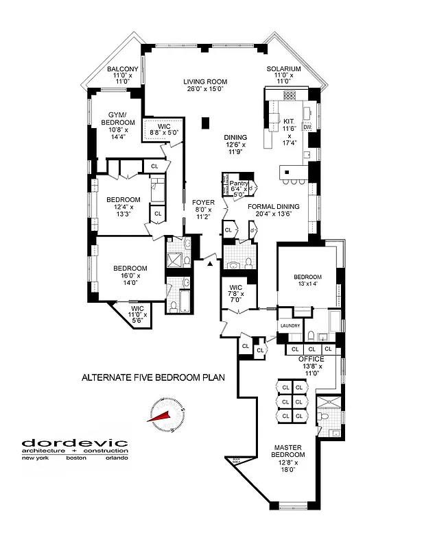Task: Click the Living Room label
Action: (205, 82)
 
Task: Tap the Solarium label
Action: (284, 69)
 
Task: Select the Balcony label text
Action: (123, 69)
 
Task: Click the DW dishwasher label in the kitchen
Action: (307, 127)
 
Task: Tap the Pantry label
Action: (238, 183)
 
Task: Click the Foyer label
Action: (204, 203)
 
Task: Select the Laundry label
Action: (290, 327)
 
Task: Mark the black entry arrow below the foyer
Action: (207, 264)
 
